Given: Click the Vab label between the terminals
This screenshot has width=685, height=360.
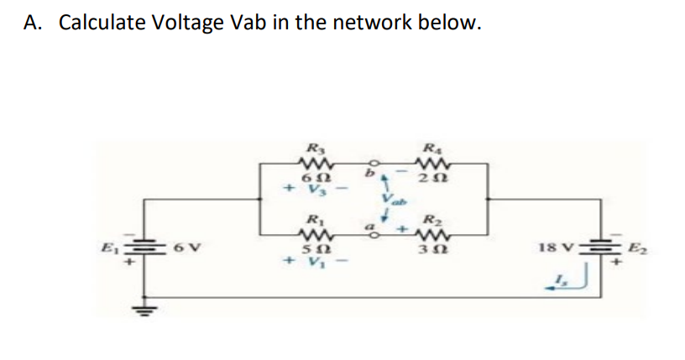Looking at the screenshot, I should pos(392,201).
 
